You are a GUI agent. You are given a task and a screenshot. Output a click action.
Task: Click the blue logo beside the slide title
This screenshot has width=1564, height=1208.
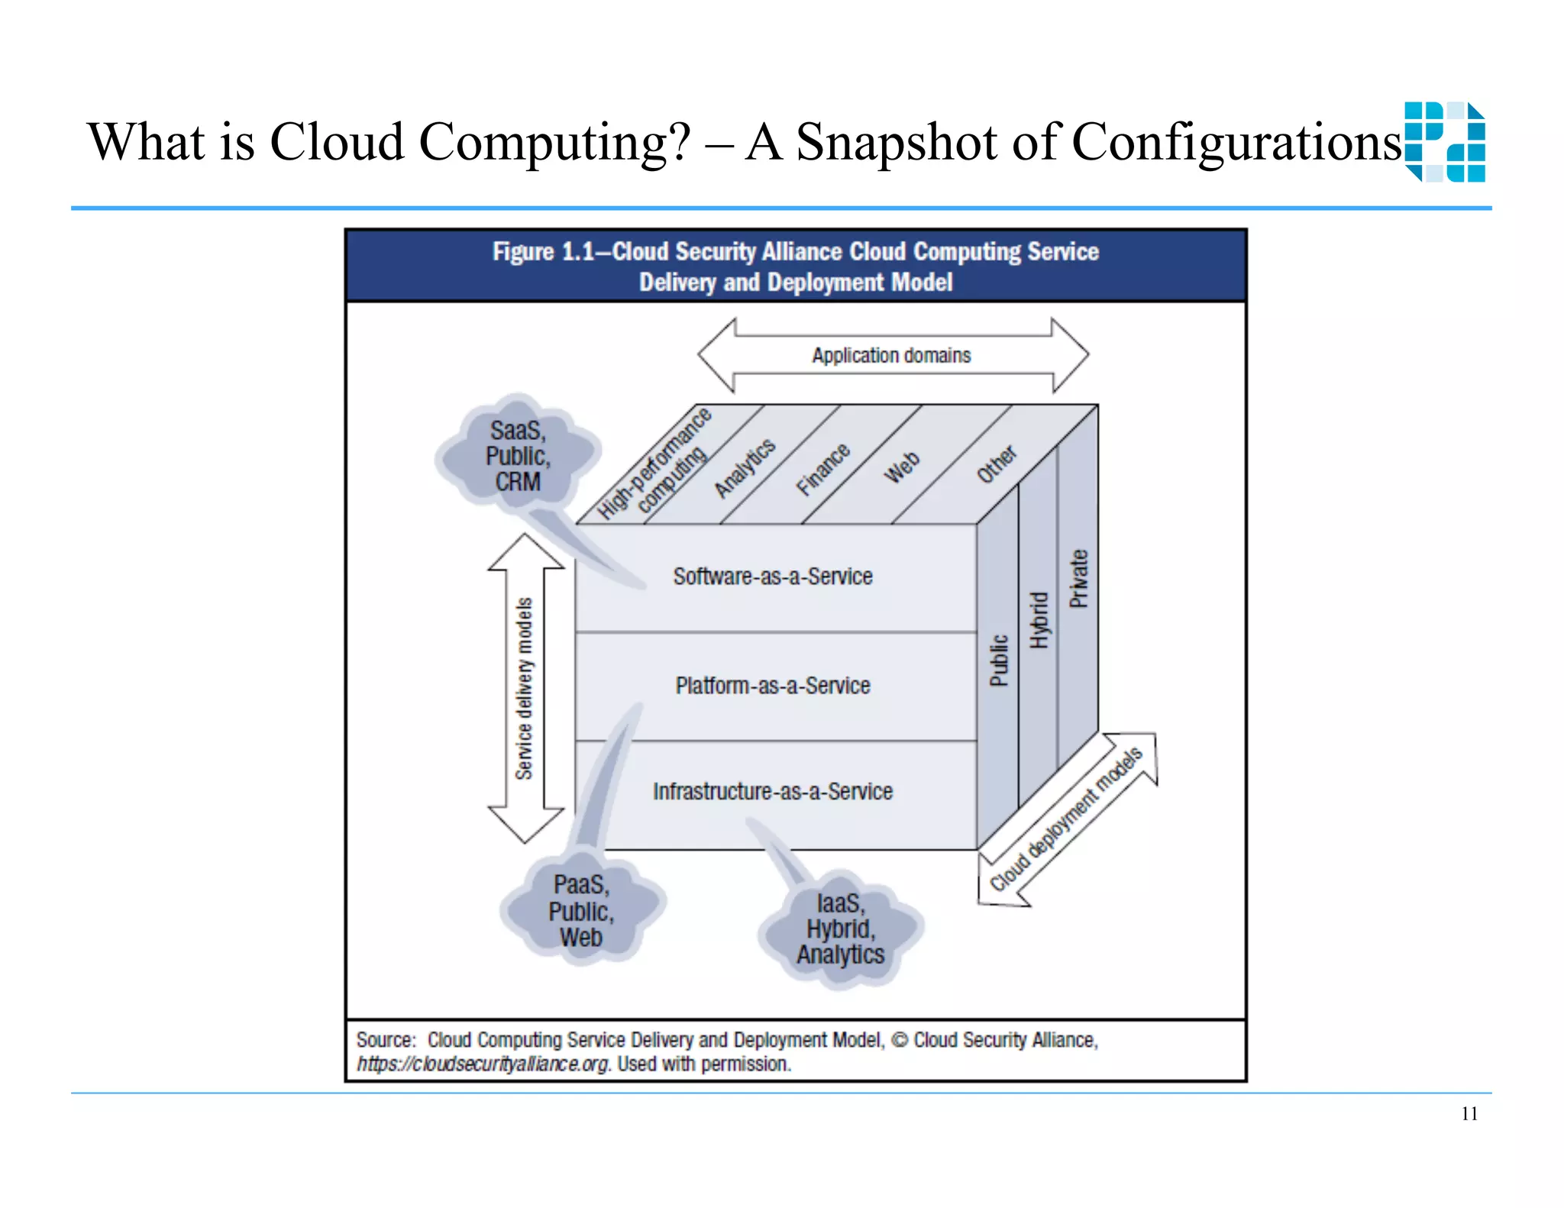1445,142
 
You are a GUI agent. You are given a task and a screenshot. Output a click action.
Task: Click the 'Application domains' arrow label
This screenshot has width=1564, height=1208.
891,355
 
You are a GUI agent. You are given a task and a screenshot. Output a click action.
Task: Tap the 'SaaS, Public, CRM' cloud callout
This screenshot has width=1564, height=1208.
518,456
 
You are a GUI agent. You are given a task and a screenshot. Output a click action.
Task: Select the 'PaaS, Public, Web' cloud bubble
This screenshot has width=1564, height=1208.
581,911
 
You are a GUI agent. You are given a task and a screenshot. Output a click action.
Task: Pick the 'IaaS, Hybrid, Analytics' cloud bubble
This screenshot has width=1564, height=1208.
840,929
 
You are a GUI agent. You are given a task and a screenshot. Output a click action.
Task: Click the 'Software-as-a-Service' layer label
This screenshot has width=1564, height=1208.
772,577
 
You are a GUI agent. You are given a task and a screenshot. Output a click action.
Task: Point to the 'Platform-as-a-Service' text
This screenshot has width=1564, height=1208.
772,686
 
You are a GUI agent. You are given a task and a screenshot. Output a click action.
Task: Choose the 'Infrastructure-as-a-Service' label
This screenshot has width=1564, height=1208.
772,792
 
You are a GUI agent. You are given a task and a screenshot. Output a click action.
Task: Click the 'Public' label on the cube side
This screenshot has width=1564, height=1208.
999,661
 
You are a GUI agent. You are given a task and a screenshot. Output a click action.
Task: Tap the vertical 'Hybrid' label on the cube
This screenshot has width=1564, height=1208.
1039,620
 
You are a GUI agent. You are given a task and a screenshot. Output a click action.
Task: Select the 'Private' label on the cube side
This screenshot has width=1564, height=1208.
1078,579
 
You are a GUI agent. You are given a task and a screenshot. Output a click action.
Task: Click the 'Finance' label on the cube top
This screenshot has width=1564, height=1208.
822,469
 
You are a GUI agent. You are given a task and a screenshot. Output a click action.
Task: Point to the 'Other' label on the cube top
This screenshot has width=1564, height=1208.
997,464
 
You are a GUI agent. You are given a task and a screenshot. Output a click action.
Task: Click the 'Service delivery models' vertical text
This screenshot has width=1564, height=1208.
524,689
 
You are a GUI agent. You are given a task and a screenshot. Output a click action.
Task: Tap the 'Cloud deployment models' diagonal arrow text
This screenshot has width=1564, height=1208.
1066,819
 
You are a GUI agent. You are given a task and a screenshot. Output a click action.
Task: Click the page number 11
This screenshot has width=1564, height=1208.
1469,1114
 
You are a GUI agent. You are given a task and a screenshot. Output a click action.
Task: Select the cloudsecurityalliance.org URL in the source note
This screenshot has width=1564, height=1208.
483,1064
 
